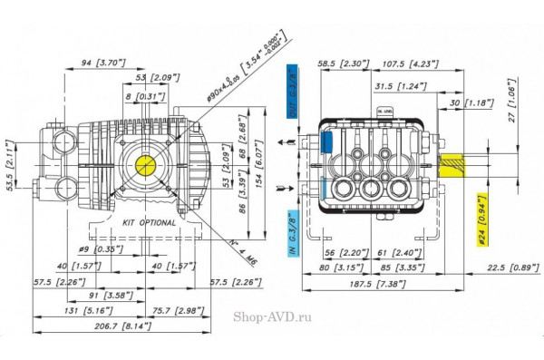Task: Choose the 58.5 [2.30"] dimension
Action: (341, 64)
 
